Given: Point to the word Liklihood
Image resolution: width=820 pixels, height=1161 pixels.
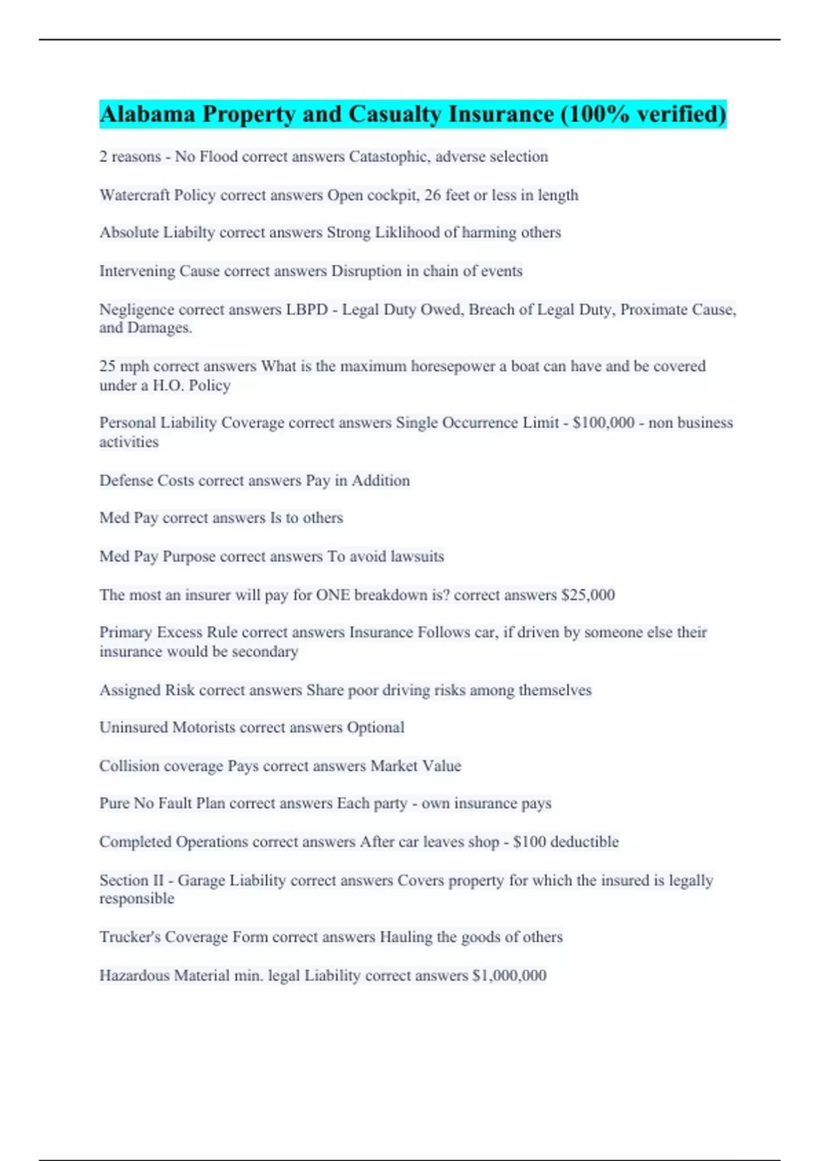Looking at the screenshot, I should tap(407, 232).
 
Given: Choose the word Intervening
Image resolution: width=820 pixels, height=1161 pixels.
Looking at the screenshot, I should tap(137, 271).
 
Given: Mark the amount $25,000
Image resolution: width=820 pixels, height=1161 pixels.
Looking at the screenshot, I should tap(588, 595).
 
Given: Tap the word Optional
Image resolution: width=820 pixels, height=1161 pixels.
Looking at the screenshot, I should tap(375, 727).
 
